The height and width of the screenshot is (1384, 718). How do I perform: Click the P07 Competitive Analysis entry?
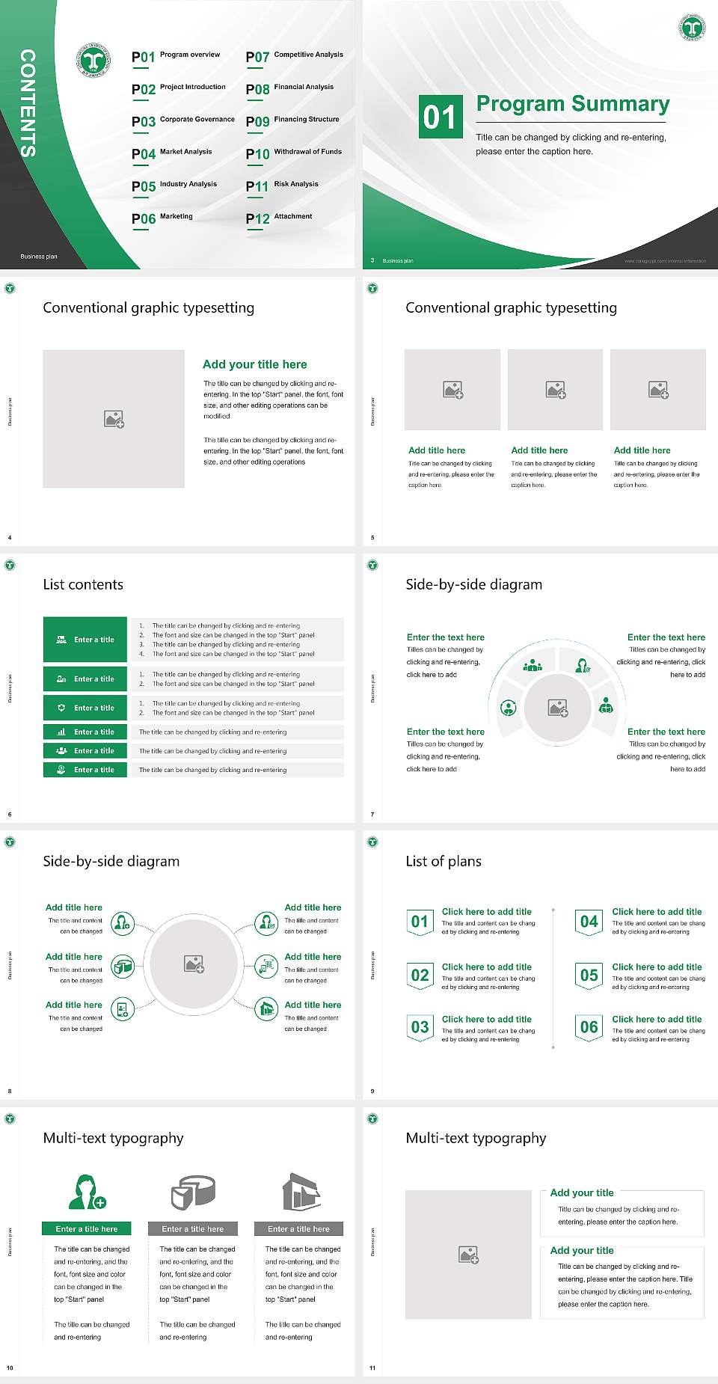pyautogui.click(x=294, y=56)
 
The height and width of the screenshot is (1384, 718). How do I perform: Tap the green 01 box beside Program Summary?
pyautogui.click(x=440, y=117)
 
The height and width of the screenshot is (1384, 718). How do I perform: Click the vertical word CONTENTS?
pyautogui.click(x=28, y=103)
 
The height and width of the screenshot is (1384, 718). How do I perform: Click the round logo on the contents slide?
pyautogui.click(x=93, y=60)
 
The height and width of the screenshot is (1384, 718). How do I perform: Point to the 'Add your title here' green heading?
pyautogui.click(x=254, y=364)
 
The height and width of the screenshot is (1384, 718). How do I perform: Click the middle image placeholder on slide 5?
pyautogui.click(x=555, y=390)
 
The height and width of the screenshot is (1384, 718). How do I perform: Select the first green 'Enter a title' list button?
pyautogui.click(x=85, y=640)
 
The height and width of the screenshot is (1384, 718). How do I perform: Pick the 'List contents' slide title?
pyautogui.click(x=83, y=584)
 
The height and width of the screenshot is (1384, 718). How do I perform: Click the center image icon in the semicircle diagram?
pyautogui.click(x=558, y=708)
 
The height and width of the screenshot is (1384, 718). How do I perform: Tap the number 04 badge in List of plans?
pyautogui.click(x=589, y=922)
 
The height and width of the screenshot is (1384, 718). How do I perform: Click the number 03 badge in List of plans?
pyautogui.click(x=420, y=1027)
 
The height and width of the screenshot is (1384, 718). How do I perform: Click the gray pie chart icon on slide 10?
pyautogui.click(x=193, y=1192)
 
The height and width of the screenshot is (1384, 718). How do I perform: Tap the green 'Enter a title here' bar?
pyautogui.click(x=87, y=1228)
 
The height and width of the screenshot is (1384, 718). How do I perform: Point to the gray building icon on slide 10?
pyautogui.click(x=301, y=1192)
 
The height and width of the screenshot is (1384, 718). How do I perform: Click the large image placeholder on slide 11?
pyautogui.click(x=468, y=1255)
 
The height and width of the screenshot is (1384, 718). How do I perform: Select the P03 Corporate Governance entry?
pyautogui.click(x=183, y=121)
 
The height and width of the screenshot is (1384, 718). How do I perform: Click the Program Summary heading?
pyautogui.click(x=573, y=104)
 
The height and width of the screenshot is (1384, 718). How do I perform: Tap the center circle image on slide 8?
pyautogui.click(x=194, y=964)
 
